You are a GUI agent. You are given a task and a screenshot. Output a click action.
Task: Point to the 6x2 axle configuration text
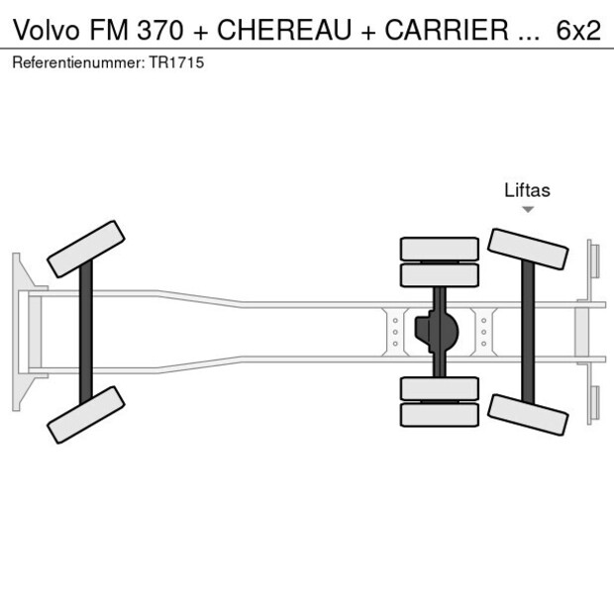click(578, 30)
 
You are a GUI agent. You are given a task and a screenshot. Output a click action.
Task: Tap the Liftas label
click(527, 190)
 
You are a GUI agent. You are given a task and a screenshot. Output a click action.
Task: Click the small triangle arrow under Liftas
click(528, 209)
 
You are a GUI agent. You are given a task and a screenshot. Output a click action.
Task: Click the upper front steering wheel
click(86, 249)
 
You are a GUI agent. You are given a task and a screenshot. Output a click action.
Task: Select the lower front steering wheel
click(86, 414)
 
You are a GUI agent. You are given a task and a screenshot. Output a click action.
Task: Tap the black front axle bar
click(86, 332)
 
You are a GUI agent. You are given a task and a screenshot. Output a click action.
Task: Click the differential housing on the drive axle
click(439, 331)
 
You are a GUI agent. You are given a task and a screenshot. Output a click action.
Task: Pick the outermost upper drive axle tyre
click(439, 248)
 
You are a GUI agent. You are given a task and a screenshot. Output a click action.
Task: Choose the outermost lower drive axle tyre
click(439, 416)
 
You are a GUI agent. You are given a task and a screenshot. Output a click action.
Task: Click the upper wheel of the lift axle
click(528, 249)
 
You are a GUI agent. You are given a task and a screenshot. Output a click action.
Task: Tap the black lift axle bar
click(528, 332)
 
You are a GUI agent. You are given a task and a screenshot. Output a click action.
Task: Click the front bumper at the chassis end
click(17, 332)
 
